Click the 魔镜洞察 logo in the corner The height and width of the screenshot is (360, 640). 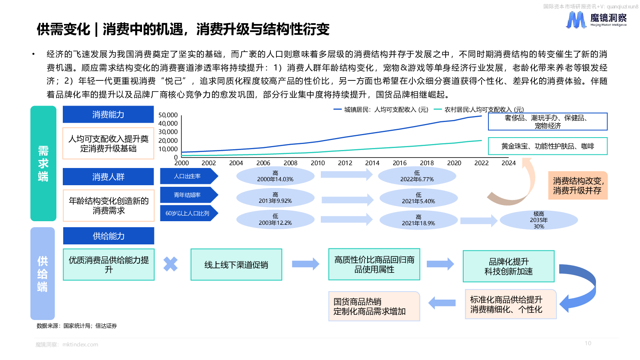tap(596, 20)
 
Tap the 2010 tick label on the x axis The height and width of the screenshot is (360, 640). tap(318, 163)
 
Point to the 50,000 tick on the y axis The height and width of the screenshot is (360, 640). tap(168, 115)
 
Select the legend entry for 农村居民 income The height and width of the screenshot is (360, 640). tap(479, 110)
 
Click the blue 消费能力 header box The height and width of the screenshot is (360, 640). tap(108, 114)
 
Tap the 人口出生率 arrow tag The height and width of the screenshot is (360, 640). tap(189, 176)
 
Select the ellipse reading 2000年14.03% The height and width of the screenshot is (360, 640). tap(275, 176)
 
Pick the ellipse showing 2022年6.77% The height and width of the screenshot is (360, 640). tap(417, 176)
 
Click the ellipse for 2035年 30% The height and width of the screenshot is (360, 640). tap(538, 220)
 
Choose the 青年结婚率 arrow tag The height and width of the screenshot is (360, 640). tap(189, 195)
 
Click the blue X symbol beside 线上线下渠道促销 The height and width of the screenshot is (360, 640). tap(170, 264)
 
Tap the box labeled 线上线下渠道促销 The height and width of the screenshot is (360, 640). tap(236, 264)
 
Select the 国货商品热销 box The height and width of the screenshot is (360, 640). tap(374, 306)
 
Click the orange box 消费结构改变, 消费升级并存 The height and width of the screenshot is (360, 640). tap(578, 186)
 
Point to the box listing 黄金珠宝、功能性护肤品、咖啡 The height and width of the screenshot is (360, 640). tap(548, 146)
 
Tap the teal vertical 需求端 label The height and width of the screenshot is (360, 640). tap(43, 164)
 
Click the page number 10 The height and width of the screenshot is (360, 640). tap(588, 343)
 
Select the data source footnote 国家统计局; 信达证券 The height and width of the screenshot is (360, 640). tap(76, 326)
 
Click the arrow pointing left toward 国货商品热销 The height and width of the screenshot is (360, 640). tap(442, 303)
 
